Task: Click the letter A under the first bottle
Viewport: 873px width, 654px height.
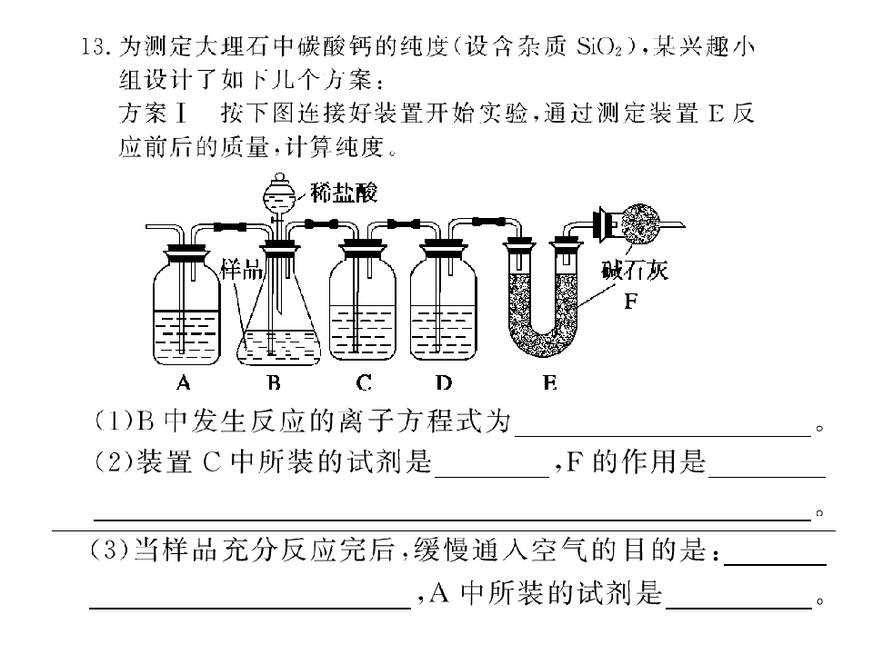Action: tap(183, 382)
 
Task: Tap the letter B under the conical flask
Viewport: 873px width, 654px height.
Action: tap(274, 382)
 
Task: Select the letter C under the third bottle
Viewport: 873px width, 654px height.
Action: tap(364, 382)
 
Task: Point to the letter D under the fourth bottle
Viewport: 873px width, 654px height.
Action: tap(444, 382)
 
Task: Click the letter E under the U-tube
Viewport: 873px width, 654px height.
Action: tap(549, 382)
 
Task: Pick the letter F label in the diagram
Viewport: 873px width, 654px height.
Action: tap(630, 302)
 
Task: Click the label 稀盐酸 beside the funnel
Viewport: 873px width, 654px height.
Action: tap(344, 193)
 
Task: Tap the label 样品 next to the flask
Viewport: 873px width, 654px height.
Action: tap(242, 270)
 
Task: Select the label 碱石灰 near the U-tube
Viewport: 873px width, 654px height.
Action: tap(634, 271)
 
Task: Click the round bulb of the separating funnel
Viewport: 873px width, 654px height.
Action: tap(280, 197)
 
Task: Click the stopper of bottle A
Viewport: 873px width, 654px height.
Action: tap(186, 252)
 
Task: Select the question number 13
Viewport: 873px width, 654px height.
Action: tap(94, 46)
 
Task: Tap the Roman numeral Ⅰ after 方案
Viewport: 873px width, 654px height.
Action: tap(180, 114)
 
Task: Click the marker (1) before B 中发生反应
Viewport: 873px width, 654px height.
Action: tap(115, 421)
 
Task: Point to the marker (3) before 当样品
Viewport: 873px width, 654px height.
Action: tap(110, 550)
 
